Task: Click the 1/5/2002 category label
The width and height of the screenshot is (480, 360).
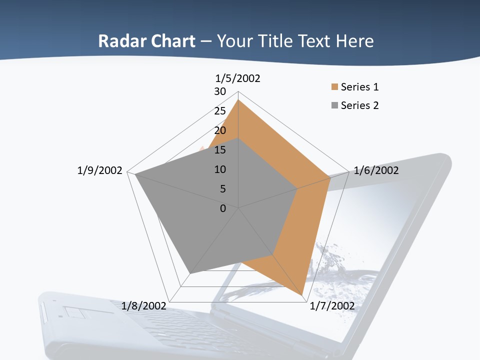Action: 237,78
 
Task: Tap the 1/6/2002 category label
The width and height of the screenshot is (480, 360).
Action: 376,170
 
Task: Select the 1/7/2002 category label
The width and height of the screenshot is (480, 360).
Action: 332,305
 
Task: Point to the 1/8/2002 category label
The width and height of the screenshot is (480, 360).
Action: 144,305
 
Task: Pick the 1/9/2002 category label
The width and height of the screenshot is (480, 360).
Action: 99,170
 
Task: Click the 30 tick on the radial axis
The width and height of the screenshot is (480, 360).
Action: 220,91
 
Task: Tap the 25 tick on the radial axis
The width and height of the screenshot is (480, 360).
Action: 220,111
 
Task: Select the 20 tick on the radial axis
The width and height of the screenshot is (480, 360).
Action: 220,130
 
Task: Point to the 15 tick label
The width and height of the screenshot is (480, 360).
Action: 220,150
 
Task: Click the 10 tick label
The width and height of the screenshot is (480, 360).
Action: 220,169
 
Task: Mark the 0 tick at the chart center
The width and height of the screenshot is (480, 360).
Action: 223,208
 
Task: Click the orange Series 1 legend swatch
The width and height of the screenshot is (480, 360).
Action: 334,87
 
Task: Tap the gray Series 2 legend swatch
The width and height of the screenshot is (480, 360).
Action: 334,105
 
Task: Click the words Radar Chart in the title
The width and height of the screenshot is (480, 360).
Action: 146,41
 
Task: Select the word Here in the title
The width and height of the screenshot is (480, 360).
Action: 354,41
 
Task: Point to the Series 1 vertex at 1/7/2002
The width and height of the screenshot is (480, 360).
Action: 302,295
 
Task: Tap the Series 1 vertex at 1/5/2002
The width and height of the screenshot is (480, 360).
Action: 238,100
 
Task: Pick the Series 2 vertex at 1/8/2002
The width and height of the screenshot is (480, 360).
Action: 190,273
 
